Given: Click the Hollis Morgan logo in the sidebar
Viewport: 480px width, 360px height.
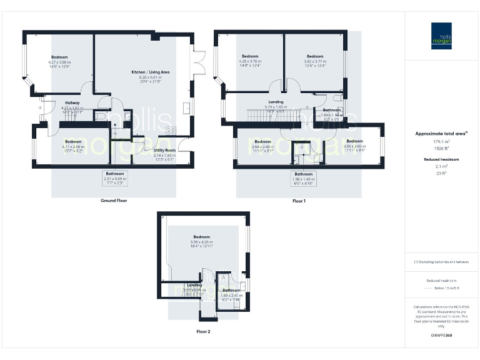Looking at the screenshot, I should (x=441, y=34).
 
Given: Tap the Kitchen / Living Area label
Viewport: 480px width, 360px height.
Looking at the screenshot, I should (x=150, y=72).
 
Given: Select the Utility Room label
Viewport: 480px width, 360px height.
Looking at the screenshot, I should (x=164, y=151).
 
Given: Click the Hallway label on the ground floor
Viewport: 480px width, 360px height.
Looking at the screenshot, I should (x=72, y=103).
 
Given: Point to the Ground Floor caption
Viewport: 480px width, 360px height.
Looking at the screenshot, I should (x=114, y=201).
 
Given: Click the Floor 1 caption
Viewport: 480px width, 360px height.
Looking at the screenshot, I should (x=299, y=201).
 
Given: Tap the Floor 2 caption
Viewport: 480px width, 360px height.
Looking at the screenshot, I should (x=204, y=331).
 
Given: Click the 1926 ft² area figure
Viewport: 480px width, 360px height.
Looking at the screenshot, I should (x=441, y=149).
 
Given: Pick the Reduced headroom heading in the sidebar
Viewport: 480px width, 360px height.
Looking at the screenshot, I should (x=441, y=159).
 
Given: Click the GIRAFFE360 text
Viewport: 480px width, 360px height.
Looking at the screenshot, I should (x=441, y=336).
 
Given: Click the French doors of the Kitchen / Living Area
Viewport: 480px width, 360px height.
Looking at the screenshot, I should (x=198, y=62).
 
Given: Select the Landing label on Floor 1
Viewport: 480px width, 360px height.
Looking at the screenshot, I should (x=276, y=101).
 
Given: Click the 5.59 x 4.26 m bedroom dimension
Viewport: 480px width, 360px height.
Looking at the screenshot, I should (x=201, y=242).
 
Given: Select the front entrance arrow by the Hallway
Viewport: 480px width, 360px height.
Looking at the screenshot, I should (x=39, y=108).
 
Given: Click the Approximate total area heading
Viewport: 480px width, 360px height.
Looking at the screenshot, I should (x=441, y=134).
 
